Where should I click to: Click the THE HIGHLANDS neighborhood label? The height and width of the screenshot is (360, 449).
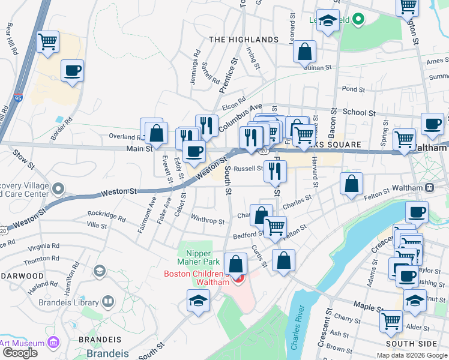tap(244, 40)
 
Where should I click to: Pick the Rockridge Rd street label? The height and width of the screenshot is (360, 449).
tap(106, 215)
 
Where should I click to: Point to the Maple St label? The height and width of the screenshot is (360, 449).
tap(368, 306)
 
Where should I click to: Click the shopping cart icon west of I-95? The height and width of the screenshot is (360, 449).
tap(47, 43)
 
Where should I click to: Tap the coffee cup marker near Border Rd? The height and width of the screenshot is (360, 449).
tap(72, 71)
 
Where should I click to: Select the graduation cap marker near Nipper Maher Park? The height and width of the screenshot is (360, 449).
tap(198, 301)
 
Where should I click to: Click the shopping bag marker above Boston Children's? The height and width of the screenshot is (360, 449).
tap(237, 263)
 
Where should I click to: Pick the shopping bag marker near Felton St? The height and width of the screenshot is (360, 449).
tap(351, 184)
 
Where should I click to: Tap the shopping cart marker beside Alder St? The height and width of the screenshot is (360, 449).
tap(391, 321)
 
